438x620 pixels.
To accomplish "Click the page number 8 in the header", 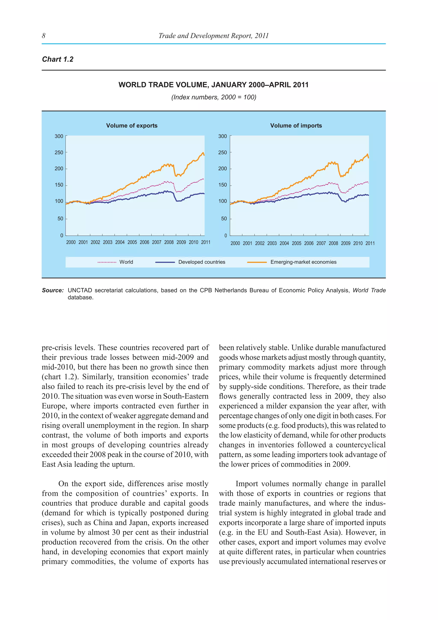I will [x=44, y=36].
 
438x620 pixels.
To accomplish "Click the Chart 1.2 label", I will [x=58, y=59].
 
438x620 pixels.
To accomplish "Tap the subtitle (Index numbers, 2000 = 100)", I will [x=214, y=97].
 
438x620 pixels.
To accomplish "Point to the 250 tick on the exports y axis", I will [x=59, y=153].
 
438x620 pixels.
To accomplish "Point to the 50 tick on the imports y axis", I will [x=224, y=219].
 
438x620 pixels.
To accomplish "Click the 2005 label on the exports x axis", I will [x=132, y=242].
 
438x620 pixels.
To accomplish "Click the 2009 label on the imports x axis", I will [x=345, y=243].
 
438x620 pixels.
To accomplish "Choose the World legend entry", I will [x=126, y=262].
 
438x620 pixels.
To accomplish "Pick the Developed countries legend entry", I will [x=201, y=262].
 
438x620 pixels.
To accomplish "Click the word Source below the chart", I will [x=53, y=290].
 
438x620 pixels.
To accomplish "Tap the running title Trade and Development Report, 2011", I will [x=213, y=36].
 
